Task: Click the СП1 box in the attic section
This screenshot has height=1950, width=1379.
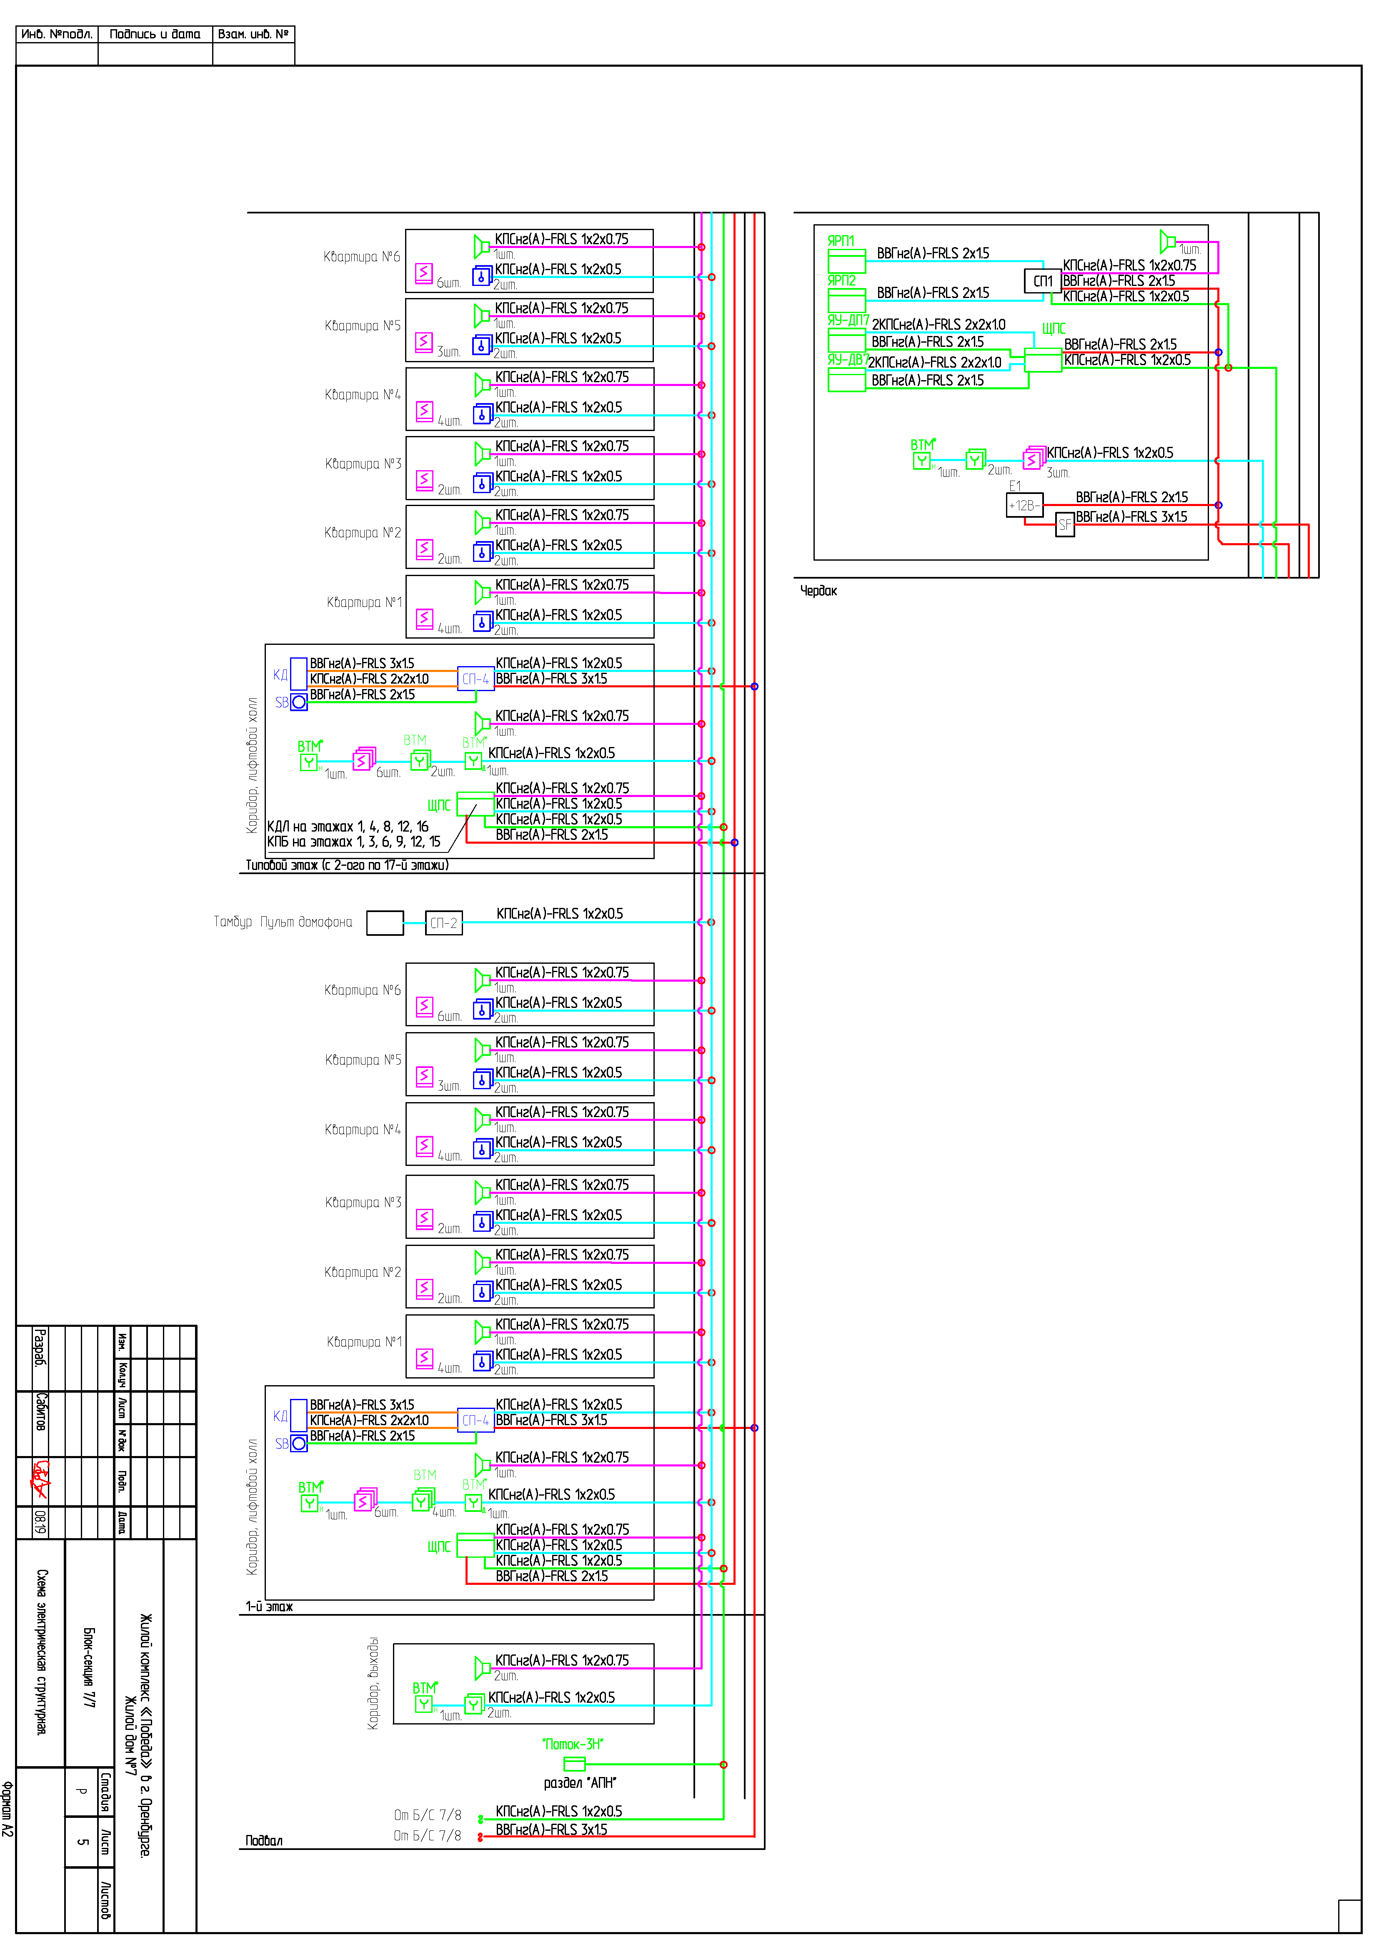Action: [1043, 281]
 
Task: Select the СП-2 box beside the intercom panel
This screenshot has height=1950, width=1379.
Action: [443, 923]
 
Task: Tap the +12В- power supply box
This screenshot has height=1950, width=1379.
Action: [1024, 505]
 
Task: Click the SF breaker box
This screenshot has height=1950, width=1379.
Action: [1065, 525]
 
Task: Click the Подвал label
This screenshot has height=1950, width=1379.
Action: [264, 1840]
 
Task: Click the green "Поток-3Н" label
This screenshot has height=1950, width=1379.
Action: [573, 1744]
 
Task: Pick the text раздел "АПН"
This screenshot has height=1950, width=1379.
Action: [580, 1783]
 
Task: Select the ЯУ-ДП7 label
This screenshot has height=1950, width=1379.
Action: [847, 320]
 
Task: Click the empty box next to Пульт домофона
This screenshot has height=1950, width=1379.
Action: [385, 923]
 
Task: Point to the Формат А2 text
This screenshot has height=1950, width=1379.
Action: [8, 1809]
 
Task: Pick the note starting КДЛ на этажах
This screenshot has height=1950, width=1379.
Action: [347, 826]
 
